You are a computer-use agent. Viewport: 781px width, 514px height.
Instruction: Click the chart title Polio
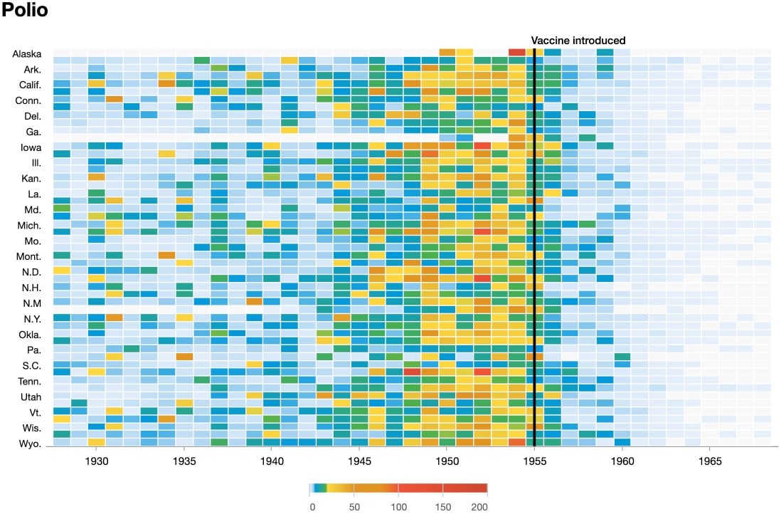tap(24, 11)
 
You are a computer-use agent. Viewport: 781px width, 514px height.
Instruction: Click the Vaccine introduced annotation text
tap(578, 41)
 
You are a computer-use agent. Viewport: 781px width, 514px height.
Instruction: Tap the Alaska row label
tap(27, 54)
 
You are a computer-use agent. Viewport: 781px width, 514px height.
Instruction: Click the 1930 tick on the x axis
tap(97, 461)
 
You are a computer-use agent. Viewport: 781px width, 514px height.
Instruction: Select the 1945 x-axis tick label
tap(359, 461)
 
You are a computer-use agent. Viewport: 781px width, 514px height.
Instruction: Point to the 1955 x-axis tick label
tap(535, 461)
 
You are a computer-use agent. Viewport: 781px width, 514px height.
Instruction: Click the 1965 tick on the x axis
tap(710, 461)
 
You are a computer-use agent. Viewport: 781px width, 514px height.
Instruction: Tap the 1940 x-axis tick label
tap(272, 461)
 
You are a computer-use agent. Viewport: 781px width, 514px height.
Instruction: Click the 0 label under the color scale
tap(312, 506)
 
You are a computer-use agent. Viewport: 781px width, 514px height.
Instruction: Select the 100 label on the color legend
tap(398, 506)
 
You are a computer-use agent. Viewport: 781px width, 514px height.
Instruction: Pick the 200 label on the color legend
tap(479, 506)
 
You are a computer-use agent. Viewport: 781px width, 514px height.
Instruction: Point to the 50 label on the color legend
tap(354, 506)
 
